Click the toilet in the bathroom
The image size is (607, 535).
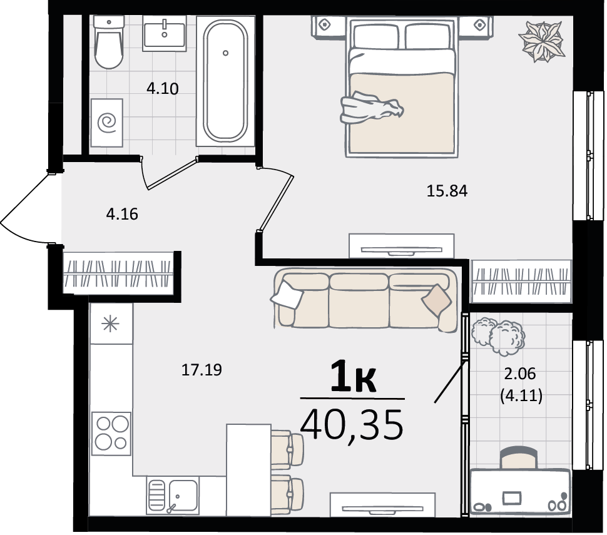pos(109,42)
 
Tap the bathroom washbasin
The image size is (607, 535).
pos(165,33)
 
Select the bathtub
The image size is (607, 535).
pos(225,81)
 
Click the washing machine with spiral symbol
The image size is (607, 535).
pos(107,123)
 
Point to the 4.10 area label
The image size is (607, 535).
pos(163,89)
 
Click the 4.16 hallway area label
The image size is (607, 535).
pos(122,214)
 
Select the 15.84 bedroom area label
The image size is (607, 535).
pos(447,191)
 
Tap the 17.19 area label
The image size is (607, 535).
pos(201,370)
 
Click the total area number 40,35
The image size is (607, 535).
pos(352,425)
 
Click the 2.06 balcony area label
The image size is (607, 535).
pos(520,374)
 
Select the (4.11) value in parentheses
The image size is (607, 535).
pos(521,395)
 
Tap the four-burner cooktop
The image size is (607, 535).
pos(111,433)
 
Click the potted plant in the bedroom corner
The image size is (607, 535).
pos(541,41)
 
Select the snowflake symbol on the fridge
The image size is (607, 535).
pos(110,324)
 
